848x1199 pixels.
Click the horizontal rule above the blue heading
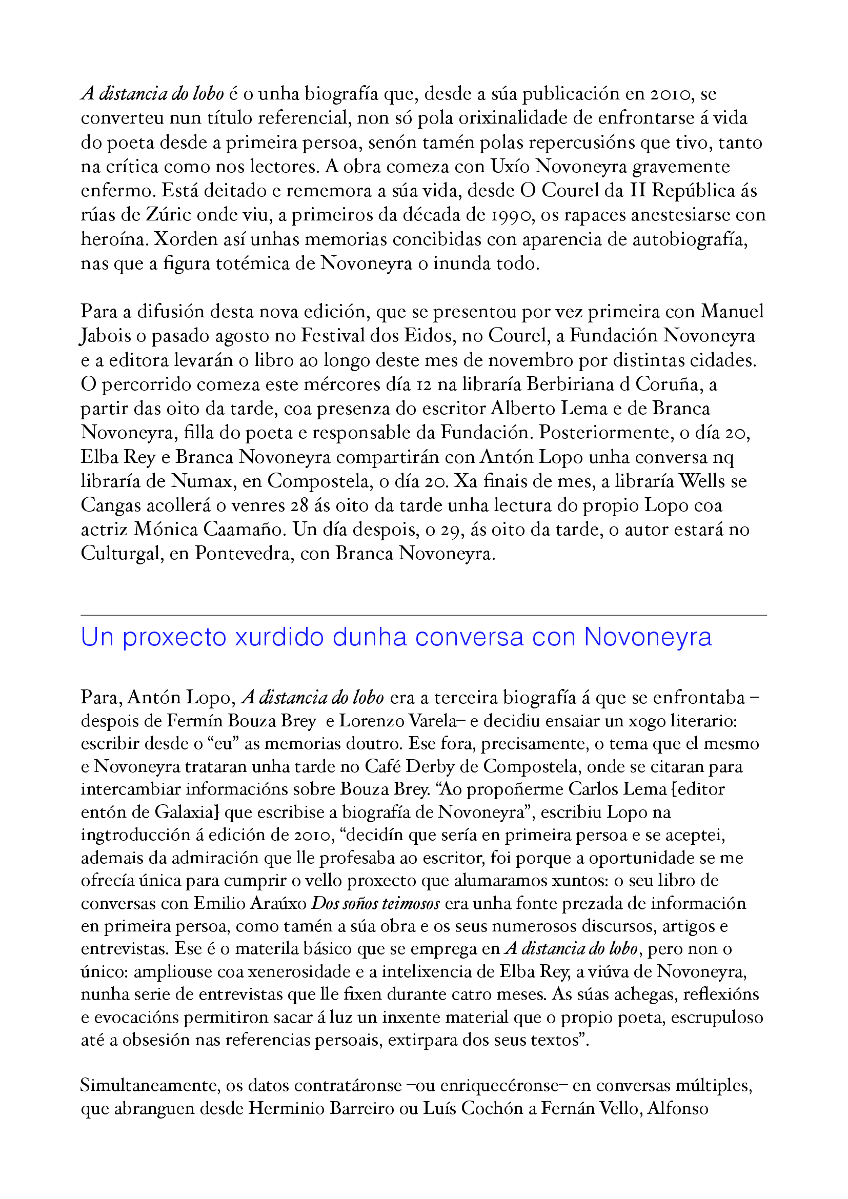(x=423, y=615)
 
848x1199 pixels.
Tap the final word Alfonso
(x=677, y=1109)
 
